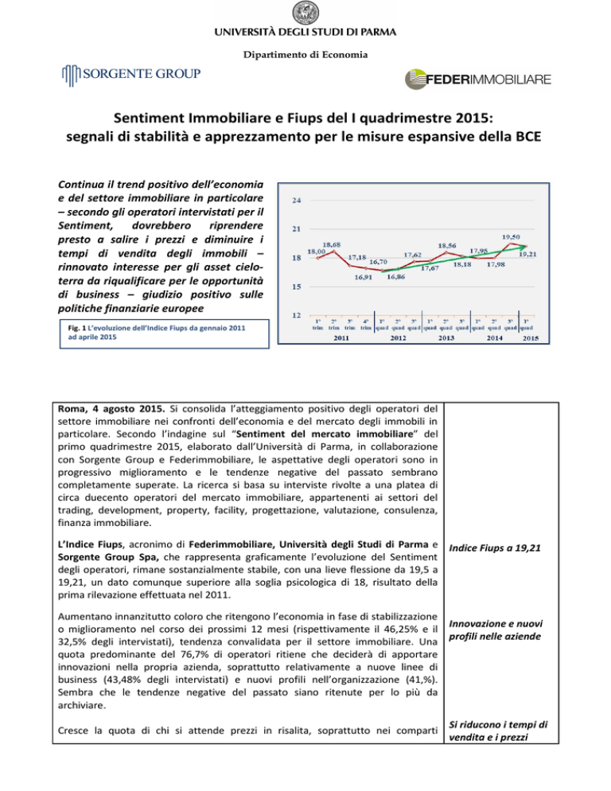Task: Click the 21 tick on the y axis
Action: [296, 229]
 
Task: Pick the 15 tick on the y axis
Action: [296, 286]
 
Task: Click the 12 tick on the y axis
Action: [296, 316]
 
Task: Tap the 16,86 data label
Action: [397, 278]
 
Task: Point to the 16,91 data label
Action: [366, 278]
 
